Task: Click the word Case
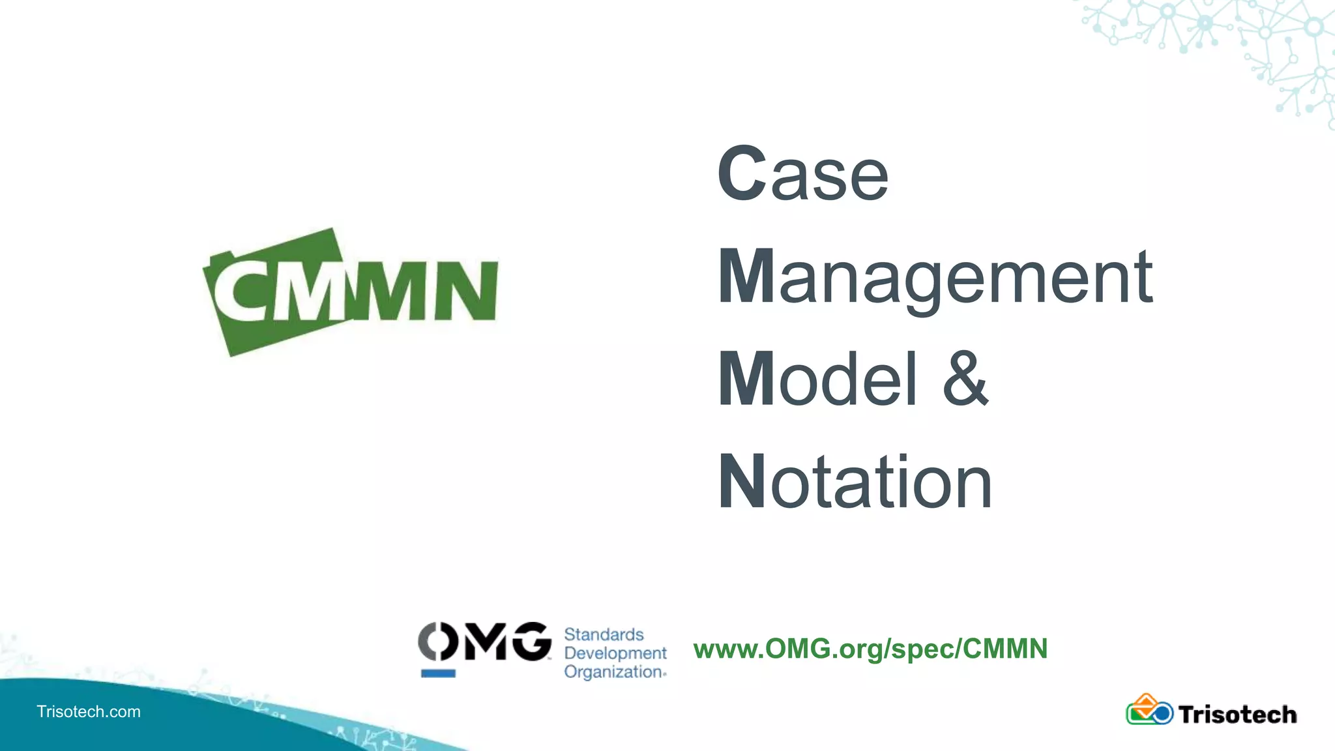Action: tap(803, 174)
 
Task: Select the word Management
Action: tap(935, 277)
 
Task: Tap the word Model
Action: tap(818, 379)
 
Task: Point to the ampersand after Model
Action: tap(965, 379)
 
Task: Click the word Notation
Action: tap(855, 482)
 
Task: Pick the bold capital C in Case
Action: tap(742, 174)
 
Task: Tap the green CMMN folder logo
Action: tap(350, 291)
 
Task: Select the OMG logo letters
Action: tap(484, 641)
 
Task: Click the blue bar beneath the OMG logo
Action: tap(438, 673)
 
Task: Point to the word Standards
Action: tap(604, 634)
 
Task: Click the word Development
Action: tap(615, 653)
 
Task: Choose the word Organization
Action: tap(614, 672)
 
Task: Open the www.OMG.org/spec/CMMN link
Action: tap(870, 649)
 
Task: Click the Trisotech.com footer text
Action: tap(89, 711)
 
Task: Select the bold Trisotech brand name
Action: tap(1237, 714)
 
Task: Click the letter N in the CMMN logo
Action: tap(466, 291)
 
